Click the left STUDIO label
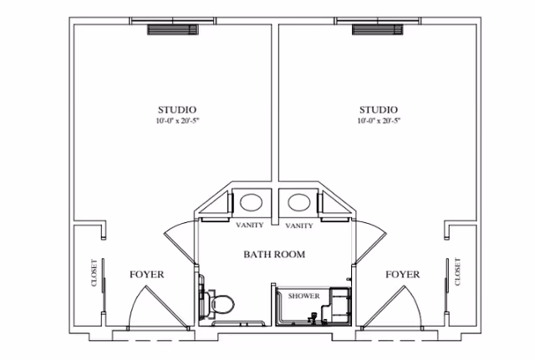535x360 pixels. [x=177, y=109]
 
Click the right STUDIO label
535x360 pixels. [x=379, y=109]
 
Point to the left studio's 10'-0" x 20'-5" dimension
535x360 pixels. [x=177, y=121]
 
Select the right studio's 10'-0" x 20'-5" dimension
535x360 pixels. [x=379, y=121]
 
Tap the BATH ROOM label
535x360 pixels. [x=274, y=254]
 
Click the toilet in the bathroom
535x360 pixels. [x=222, y=302]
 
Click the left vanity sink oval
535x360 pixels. [x=250, y=203]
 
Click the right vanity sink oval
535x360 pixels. [x=299, y=203]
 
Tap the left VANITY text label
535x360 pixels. [x=250, y=226]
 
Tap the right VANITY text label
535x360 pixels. [x=299, y=226]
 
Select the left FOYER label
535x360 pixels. [x=147, y=274]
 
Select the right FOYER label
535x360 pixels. [x=402, y=274]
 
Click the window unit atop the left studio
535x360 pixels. [x=174, y=30]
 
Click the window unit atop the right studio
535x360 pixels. [x=377, y=30]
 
